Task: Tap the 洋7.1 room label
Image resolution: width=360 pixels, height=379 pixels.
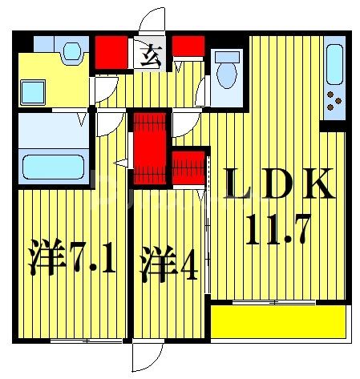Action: coord(73,261)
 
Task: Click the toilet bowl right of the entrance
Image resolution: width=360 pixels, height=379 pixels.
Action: coord(227,71)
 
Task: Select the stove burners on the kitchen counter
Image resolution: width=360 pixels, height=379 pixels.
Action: coord(334,103)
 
